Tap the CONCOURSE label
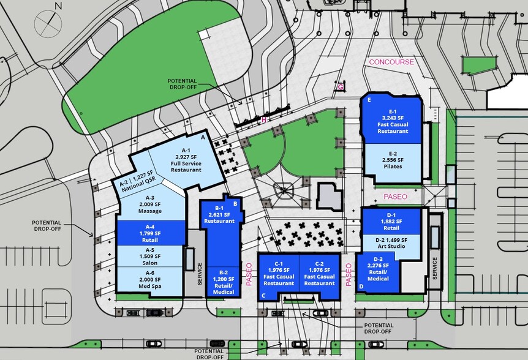coord(391,62)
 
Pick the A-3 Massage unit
coord(149,207)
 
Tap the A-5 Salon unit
coord(150,256)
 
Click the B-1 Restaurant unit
coord(219,218)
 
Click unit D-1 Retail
coord(391,225)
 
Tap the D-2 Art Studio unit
coord(391,247)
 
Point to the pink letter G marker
coord(341,87)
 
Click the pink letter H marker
coord(263,120)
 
